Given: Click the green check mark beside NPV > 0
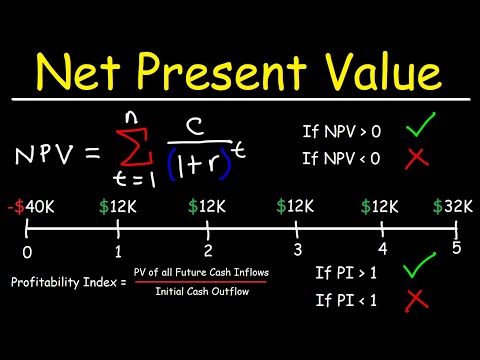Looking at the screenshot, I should pos(421,131).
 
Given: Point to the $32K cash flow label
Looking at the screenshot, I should pos(450,208).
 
